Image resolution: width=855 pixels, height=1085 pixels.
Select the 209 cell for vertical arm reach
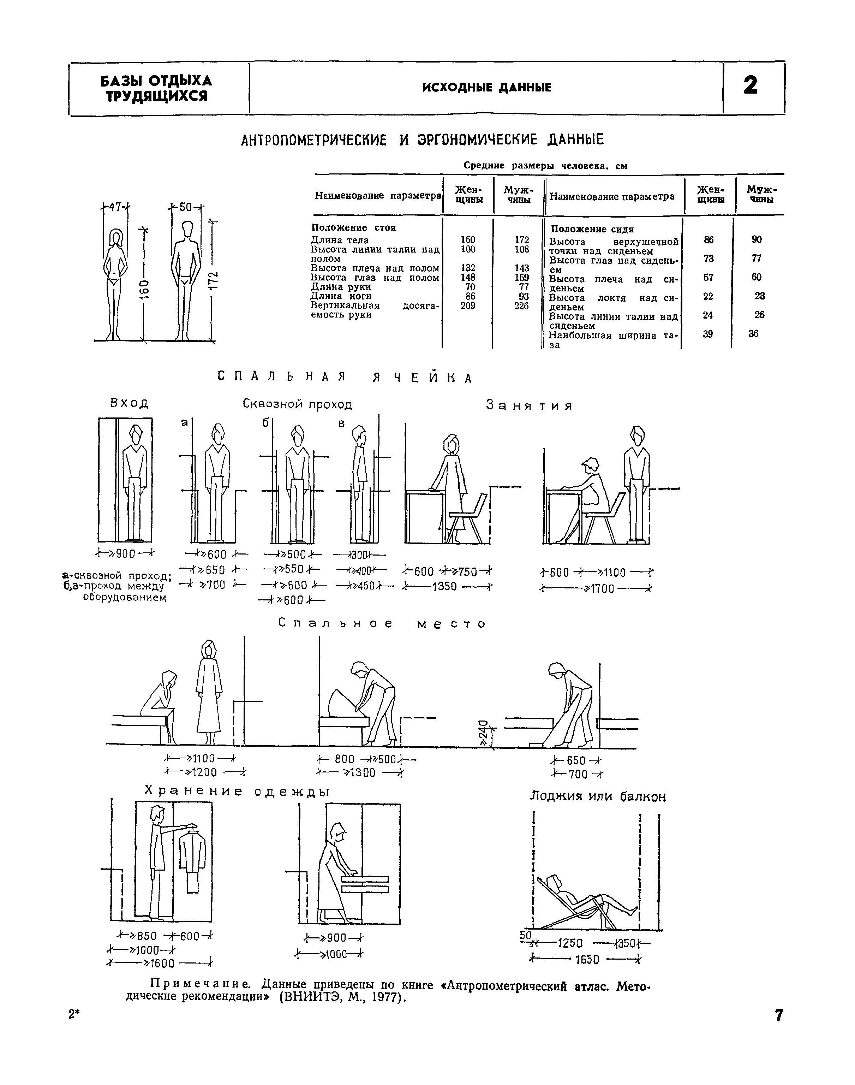[467, 306]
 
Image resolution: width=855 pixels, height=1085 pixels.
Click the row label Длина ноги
[341, 296]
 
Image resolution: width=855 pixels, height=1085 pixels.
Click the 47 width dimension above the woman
[116, 207]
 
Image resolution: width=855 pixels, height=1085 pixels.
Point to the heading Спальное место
[382, 623]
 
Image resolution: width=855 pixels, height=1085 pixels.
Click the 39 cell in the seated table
[708, 334]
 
